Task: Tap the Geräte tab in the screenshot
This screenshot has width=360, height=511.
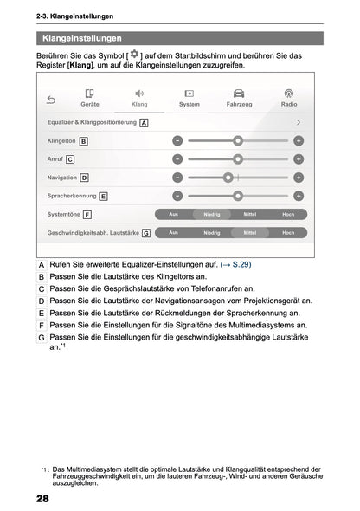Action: (x=90, y=97)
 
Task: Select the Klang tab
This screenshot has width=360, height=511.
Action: (x=139, y=97)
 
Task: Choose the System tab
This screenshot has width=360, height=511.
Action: (x=189, y=97)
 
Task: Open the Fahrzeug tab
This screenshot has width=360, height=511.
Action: (x=239, y=97)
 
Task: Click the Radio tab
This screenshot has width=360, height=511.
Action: (x=289, y=97)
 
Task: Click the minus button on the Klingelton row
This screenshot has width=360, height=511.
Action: (x=177, y=140)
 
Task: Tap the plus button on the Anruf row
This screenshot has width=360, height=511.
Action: (x=299, y=158)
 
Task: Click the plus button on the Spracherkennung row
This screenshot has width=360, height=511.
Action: (x=299, y=196)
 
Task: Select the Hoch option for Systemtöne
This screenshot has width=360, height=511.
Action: (x=288, y=214)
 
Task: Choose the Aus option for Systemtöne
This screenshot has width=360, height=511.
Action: (x=174, y=214)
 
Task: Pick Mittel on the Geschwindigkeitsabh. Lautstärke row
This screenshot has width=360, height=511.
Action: (x=250, y=233)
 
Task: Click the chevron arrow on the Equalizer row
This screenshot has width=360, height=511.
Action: (x=299, y=122)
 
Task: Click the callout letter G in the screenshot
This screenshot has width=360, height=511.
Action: (x=146, y=233)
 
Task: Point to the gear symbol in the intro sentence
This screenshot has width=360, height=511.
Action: (x=133, y=54)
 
